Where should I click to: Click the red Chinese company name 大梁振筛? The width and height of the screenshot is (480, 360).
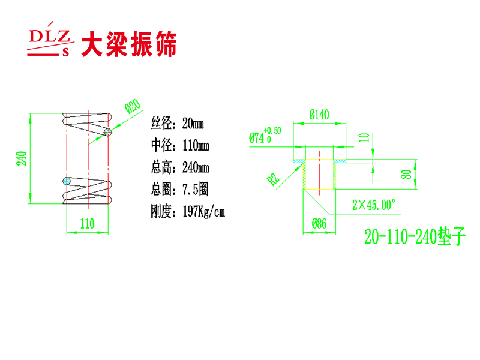click(x=129, y=44)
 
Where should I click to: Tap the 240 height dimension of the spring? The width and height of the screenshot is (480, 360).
click(x=22, y=158)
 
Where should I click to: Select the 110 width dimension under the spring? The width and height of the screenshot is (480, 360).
click(x=87, y=224)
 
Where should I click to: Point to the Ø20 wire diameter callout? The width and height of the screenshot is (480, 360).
click(x=133, y=106)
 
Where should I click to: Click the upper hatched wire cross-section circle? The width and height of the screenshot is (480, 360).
click(x=108, y=132)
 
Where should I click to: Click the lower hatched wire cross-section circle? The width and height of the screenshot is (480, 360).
click(x=67, y=181)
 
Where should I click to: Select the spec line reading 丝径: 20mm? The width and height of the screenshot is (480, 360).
click(x=177, y=124)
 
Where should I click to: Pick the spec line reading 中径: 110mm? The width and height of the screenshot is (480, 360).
click(x=180, y=145)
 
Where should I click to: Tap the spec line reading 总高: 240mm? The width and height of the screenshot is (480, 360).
click(x=180, y=167)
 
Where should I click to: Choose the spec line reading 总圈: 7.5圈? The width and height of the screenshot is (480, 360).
click(x=179, y=189)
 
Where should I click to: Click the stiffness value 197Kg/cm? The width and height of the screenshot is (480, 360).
click(x=204, y=211)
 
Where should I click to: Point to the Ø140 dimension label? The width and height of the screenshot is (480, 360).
click(x=319, y=115)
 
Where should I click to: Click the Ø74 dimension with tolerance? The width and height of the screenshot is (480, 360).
click(x=265, y=136)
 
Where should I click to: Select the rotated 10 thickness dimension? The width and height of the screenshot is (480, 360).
click(x=364, y=137)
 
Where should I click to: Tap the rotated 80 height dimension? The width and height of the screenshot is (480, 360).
click(x=406, y=175)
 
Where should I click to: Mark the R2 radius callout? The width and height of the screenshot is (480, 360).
click(x=273, y=179)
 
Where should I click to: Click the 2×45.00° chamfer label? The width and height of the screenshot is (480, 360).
click(x=374, y=205)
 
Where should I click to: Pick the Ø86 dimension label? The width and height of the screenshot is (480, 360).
click(x=319, y=224)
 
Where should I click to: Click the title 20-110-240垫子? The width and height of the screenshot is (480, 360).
click(x=415, y=236)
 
